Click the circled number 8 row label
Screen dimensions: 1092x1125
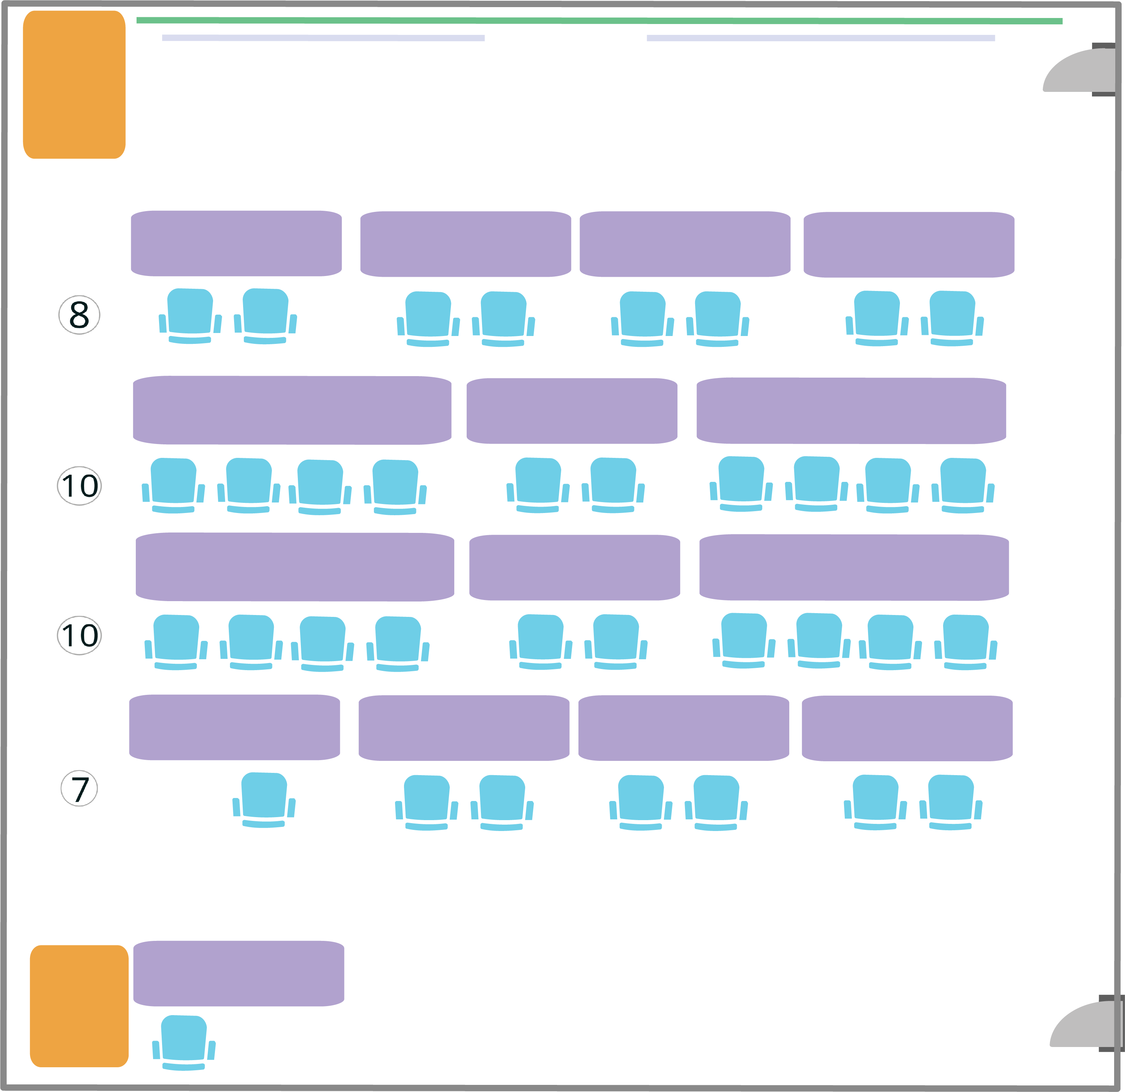pyautogui.click(x=79, y=315)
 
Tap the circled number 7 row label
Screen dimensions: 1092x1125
pyautogui.click(x=79, y=788)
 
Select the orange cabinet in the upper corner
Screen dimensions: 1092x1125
pyautogui.click(x=74, y=84)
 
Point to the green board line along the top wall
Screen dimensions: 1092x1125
pyautogui.click(x=599, y=21)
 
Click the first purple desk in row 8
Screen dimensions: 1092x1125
pyautogui.click(x=236, y=243)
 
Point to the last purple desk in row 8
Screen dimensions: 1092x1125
pyautogui.click(x=909, y=244)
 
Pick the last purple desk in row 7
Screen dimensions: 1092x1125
pyautogui.click(x=907, y=728)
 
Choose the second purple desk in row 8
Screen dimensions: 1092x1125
pyautogui.click(x=466, y=244)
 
